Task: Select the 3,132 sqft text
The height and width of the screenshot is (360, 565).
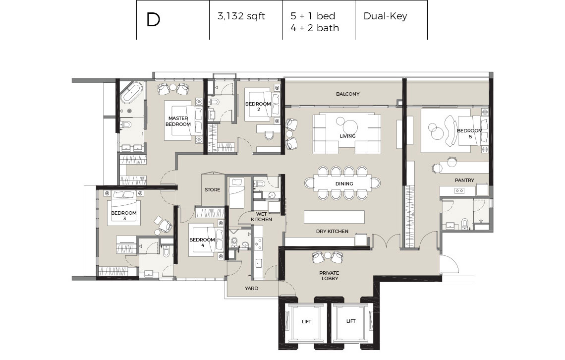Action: [241, 16]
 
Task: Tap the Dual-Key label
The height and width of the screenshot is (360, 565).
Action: [385, 16]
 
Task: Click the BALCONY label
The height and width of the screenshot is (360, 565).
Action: [348, 94]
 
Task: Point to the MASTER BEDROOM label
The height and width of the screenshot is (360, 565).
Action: [178, 121]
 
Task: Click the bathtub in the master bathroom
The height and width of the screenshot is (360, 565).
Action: [131, 92]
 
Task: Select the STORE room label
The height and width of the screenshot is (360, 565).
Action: [212, 189]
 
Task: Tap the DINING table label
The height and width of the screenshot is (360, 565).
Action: [344, 184]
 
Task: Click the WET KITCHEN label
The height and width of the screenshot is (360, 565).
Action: [261, 217]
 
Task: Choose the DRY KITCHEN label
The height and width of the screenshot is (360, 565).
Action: [332, 232]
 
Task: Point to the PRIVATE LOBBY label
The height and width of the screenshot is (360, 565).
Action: [330, 276]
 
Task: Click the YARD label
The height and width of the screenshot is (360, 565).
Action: [251, 288]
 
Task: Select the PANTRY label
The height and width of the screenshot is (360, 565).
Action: [464, 180]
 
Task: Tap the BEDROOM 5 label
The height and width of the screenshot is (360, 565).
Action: [469, 133]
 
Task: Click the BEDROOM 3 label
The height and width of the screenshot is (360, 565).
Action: [124, 216]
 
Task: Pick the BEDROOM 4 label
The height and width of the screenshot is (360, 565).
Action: [202, 242]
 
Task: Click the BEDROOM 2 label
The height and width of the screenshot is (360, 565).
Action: [258, 106]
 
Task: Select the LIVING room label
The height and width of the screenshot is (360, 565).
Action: [348, 136]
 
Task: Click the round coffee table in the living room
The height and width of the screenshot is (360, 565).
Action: [349, 127]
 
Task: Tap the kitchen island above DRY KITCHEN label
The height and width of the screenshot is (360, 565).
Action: [334, 217]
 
